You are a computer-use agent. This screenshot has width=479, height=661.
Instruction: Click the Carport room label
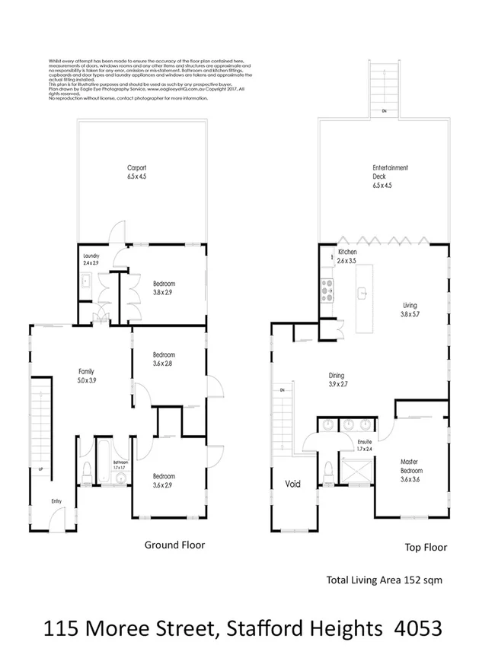(137, 172)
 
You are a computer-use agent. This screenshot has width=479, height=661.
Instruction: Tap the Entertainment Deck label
(390, 176)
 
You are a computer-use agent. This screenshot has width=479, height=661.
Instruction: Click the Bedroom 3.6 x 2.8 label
(164, 359)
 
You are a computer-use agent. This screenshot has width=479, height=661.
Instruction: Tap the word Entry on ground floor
(56, 501)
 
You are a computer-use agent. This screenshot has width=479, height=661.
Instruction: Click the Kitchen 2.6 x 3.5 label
(347, 256)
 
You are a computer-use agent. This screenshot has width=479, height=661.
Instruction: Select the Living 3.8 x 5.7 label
(410, 311)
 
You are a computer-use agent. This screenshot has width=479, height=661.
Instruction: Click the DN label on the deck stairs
(384, 113)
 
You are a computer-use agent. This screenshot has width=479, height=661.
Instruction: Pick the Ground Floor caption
(174, 545)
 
